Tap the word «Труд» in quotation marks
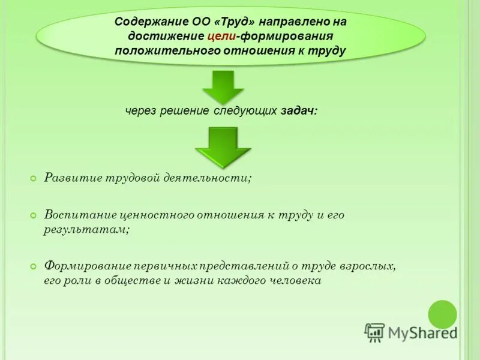click(x=243, y=22)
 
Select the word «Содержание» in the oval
click(x=145, y=22)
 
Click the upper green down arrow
click(x=223, y=86)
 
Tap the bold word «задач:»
click(x=298, y=111)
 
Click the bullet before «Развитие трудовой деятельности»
click(x=34, y=178)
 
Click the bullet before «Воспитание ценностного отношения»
click(x=34, y=215)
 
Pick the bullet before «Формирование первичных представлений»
click(x=34, y=266)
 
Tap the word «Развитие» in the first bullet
click(x=72, y=178)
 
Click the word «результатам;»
click(x=86, y=229)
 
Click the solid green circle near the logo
click(x=443, y=314)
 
